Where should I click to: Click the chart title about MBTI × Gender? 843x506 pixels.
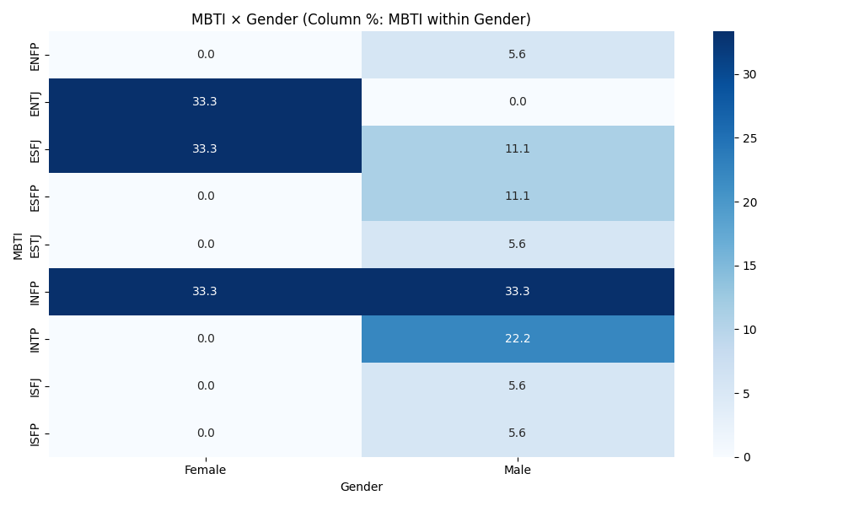coord(361,19)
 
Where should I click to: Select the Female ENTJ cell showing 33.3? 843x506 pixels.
coord(205,102)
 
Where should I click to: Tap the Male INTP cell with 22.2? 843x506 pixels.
coord(518,339)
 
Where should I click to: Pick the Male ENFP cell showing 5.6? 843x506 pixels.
coord(518,55)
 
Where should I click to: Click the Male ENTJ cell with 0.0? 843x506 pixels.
coord(518,102)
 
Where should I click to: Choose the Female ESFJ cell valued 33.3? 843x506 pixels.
coord(205,149)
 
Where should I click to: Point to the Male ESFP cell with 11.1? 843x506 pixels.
coord(518,196)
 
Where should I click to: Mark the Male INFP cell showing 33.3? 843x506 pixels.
coord(518,292)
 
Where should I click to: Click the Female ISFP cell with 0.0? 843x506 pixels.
coord(205,433)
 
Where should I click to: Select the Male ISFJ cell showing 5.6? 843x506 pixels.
coord(518,386)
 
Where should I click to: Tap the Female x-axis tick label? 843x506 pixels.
coord(205,471)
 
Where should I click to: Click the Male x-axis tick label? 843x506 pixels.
coord(518,471)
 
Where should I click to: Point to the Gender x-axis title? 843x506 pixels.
coord(361,487)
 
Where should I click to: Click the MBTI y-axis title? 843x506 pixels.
coord(18,245)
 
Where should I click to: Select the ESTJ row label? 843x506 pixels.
coord(35,245)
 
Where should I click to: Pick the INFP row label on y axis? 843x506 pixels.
coord(35,292)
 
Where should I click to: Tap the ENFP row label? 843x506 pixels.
coord(35,55)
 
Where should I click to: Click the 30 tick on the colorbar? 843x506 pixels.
coord(749,74)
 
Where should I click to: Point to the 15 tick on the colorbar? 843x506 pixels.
coord(749,266)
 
